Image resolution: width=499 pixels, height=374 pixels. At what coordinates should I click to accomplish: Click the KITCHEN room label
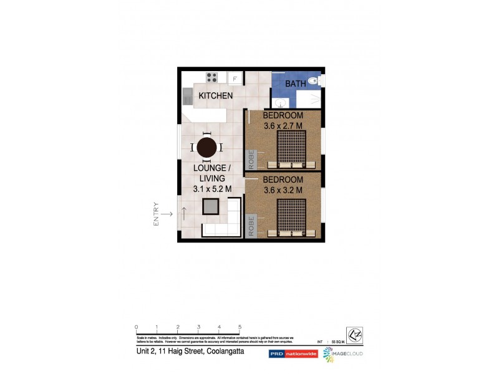[x=216, y=96]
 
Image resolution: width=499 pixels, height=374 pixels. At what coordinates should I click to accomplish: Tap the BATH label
[x=295, y=84]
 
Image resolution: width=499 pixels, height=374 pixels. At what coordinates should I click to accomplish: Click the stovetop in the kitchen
[x=212, y=78]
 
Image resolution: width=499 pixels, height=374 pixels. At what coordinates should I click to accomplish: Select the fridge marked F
[x=235, y=79]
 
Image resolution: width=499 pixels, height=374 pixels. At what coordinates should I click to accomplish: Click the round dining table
[x=207, y=148]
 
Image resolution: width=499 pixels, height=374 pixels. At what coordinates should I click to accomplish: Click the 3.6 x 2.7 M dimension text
[x=283, y=126]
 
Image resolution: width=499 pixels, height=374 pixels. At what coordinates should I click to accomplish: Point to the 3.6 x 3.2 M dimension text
[x=283, y=190]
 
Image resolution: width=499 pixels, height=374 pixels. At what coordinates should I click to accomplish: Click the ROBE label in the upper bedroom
[x=251, y=159]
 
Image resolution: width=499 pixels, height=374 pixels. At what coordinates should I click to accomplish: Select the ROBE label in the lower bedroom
[x=251, y=224]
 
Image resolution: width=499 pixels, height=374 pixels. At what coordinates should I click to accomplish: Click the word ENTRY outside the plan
[x=157, y=214]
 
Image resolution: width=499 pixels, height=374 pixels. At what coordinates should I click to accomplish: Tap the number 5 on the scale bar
[x=240, y=327]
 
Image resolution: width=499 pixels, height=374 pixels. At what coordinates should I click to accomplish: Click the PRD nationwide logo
[x=293, y=353]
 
